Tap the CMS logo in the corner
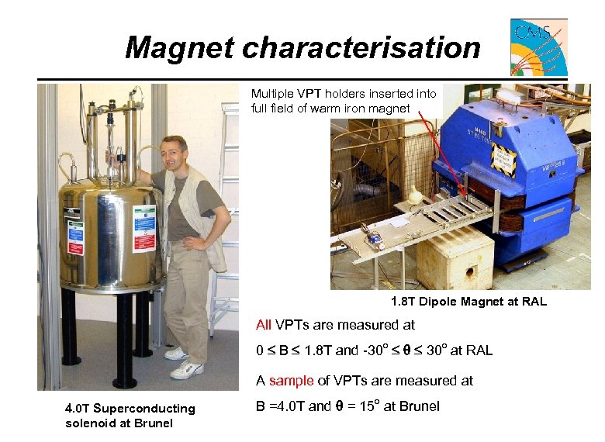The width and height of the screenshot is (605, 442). (x=538, y=47)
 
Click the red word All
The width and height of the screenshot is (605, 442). (x=264, y=325)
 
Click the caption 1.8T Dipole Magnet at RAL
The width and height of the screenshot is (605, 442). (x=469, y=302)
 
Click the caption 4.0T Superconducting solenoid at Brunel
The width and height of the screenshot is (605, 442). (x=130, y=416)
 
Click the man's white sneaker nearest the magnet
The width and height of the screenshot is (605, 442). (x=176, y=354)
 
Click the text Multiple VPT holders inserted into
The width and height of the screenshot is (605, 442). (x=344, y=94)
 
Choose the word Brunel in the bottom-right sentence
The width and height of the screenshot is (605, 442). (x=420, y=406)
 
